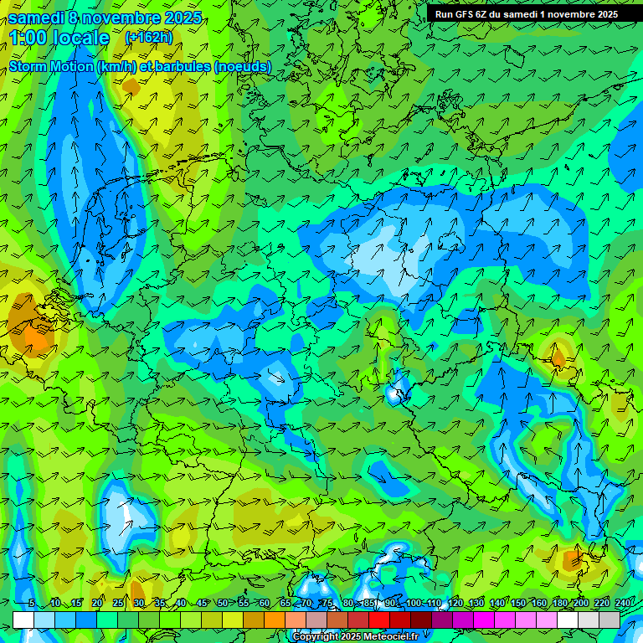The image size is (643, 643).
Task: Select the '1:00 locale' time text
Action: click(60, 38)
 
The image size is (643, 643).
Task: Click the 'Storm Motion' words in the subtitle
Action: click(50, 66)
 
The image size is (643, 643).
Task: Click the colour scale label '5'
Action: click(32, 604)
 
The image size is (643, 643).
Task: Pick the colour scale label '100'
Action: click(414, 604)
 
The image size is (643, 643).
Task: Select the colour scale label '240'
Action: click(623, 604)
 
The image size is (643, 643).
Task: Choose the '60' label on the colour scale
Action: click(265, 604)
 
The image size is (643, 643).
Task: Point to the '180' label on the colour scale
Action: click(559, 604)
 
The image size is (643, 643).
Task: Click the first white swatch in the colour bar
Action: click(23, 620)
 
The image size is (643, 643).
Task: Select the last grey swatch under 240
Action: click(610, 620)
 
